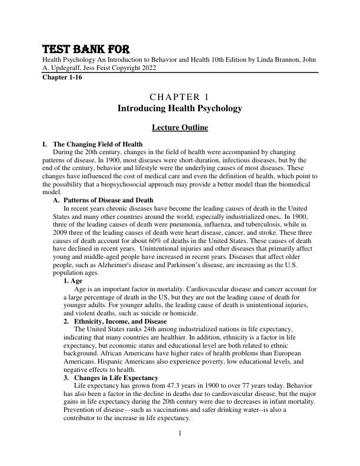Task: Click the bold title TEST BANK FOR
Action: coord(85,49)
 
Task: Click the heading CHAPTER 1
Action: coord(179,97)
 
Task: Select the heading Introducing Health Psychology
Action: coord(179,109)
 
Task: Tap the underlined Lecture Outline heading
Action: coord(179,127)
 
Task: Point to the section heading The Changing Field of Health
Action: coord(98,144)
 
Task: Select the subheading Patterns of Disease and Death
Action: coord(108,200)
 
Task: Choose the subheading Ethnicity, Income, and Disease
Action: coord(120,321)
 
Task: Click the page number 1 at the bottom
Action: coord(180,434)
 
